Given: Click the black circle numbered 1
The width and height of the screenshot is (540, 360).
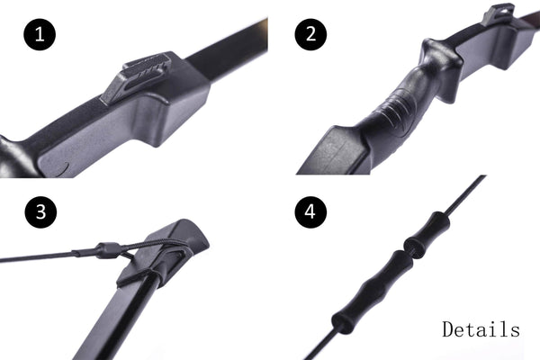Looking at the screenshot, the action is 40,34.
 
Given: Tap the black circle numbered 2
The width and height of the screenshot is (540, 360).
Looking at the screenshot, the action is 310,34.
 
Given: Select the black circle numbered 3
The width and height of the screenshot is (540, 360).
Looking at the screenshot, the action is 40,211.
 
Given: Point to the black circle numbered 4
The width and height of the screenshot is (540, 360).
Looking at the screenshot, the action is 310,211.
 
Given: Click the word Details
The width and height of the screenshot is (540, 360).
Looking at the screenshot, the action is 481,329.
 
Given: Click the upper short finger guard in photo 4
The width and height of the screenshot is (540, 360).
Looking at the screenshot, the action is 427,233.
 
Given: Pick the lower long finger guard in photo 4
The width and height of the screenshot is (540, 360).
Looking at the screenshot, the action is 373,292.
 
